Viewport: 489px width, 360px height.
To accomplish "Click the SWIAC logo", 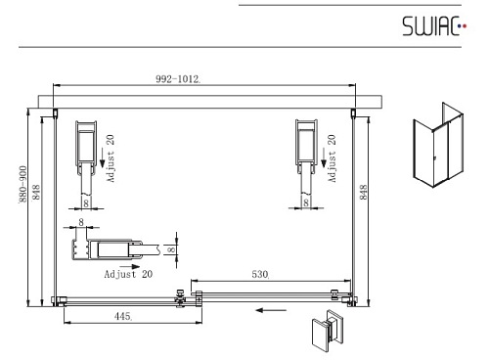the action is (x=434, y=25).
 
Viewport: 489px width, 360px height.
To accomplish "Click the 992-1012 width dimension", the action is (x=178, y=79).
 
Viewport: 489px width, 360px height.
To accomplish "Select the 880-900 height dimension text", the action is (x=22, y=184).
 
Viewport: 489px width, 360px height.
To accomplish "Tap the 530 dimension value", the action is (x=260, y=274).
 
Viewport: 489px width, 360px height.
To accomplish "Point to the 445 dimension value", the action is (x=123, y=316).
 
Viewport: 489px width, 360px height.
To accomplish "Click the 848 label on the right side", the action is (x=363, y=192).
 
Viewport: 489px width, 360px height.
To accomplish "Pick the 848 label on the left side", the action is (x=36, y=192).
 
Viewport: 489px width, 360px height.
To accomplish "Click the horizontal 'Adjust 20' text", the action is (x=128, y=274).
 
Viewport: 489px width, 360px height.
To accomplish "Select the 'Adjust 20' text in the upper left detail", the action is (x=111, y=158).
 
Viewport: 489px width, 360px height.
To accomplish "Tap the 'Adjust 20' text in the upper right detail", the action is (x=332, y=158).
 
